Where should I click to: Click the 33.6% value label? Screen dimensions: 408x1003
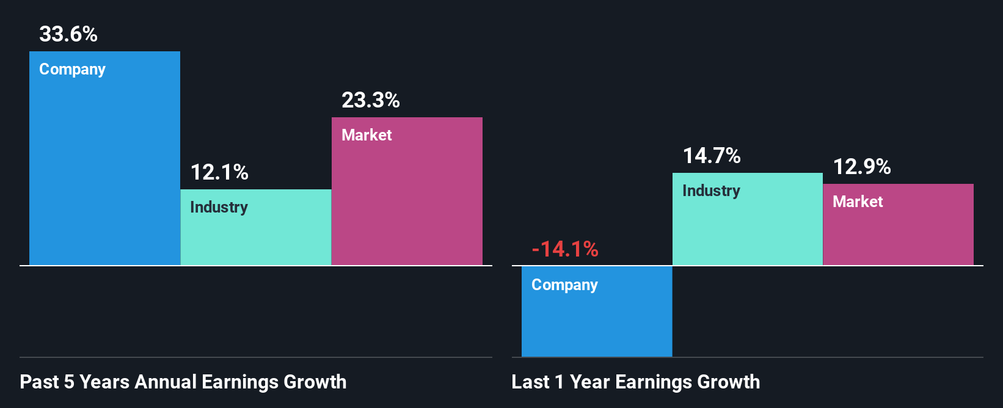(68, 34)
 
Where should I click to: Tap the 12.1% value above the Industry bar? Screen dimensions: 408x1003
(219, 172)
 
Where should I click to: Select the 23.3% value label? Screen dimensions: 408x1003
(370, 100)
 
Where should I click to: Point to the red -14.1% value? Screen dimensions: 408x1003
(565, 249)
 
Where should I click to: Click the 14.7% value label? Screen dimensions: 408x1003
(712, 156)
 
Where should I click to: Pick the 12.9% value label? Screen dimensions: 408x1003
(862, 167)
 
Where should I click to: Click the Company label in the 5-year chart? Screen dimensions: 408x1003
(72, 70)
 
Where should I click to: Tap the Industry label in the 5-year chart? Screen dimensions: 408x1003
(219, 208)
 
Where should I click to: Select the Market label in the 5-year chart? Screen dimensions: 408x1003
(367, 135)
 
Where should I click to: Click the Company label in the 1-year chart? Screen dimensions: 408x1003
(564, 285)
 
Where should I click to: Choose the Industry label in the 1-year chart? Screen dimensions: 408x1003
(711, 191)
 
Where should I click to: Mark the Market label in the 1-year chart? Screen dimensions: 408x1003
(858, 202)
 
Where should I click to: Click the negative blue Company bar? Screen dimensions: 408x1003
(597, 324)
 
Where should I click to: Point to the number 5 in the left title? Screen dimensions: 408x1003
(69, 382)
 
